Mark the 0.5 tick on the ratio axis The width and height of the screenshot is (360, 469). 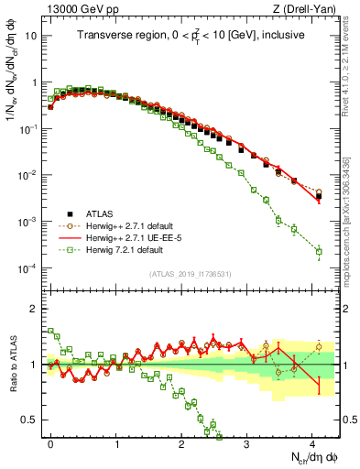tap(31, 420)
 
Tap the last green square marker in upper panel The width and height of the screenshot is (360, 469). tap(319, 251)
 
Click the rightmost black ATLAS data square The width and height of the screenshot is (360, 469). tap(319, 196)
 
